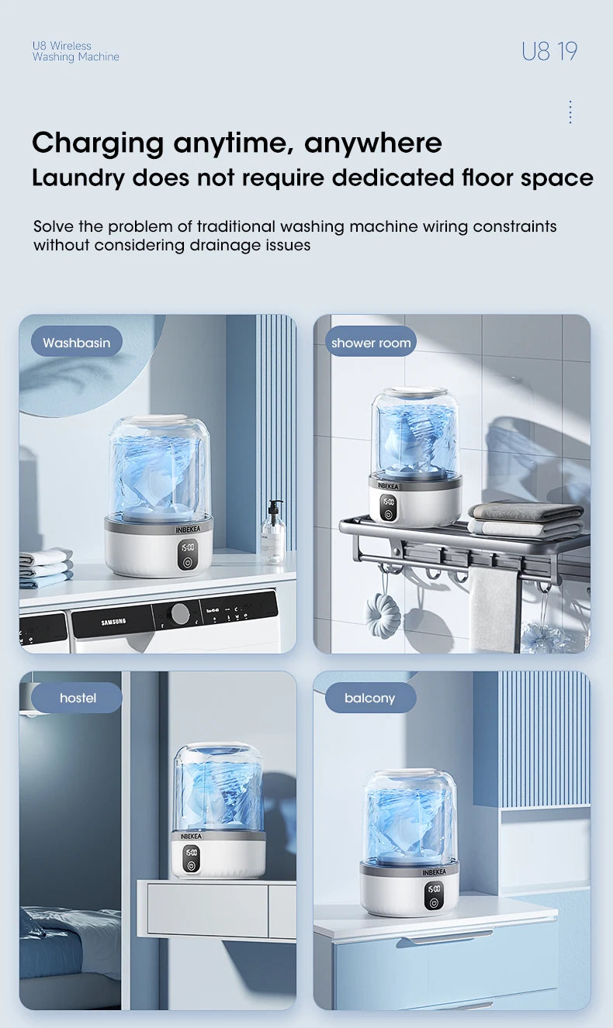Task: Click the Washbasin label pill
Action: [76, 342]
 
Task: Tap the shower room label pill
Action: [370, 342]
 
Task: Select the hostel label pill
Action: [78, 698]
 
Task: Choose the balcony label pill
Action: [369, 698]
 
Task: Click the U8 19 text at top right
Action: [549, 51]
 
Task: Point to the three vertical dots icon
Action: [570, 112]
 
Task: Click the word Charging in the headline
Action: [98, 143]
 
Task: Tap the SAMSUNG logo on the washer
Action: [113, 622]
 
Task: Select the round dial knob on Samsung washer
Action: [180, 614]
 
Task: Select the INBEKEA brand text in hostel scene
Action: [191, 836]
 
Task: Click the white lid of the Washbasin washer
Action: [159, 419]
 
